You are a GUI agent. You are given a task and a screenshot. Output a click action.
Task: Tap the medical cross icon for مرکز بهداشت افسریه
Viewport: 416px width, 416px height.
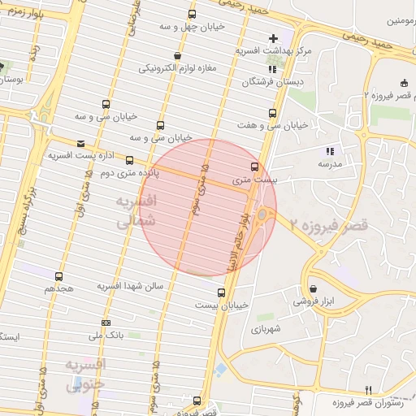(273, 38)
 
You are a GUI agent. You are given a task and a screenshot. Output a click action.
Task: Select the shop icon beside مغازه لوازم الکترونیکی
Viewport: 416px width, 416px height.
(177, 56)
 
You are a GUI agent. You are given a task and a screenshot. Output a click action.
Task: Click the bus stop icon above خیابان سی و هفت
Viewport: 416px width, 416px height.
(271, 114)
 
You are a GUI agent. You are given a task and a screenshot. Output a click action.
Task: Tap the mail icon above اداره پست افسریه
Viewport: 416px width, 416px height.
(80, 143)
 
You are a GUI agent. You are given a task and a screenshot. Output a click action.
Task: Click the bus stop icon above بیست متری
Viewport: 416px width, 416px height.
(255, 167)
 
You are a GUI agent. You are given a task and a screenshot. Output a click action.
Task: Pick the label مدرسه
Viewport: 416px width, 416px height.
(329, 164)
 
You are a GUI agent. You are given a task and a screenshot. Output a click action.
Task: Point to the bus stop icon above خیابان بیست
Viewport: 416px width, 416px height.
(221, 292)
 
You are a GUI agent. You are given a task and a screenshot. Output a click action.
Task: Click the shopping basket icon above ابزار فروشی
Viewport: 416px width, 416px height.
(313, 288)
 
